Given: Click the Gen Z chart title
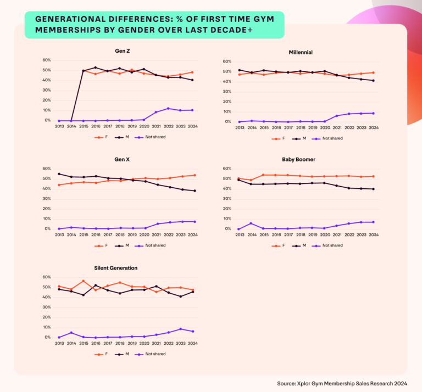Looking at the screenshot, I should (x=122, y=51).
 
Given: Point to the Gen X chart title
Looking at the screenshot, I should (x=122, y=160).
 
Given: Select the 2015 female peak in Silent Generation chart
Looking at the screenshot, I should (x=83, y=281).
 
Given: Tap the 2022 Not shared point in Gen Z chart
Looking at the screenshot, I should (x=168, y=108).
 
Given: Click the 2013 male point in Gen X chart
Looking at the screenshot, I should (x=59, y=174).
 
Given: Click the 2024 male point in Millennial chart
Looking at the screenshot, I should (x=373, y=81).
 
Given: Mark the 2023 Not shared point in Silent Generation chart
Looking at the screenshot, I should (x=181, y=329).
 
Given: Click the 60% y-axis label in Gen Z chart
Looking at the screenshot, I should (x=47, y=60).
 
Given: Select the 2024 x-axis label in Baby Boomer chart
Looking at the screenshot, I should (x=373, y=235).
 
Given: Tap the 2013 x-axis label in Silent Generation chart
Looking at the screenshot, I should (x=59, y=344).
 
